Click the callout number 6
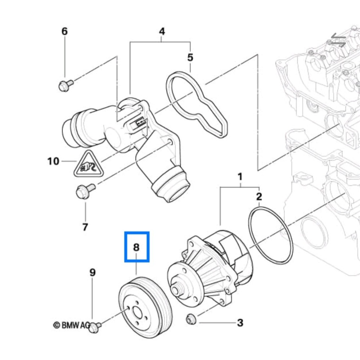point(64,31)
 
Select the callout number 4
point(162,31)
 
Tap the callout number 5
point(190,57)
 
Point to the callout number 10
point(53,161)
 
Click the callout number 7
point(85,227)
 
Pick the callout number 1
point(239,177)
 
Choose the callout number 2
point(259,197)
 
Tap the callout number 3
point(240,323)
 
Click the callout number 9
point(93,273)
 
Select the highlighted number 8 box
point(136,247)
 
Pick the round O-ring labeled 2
point(270,235)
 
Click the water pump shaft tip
point(176,290)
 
